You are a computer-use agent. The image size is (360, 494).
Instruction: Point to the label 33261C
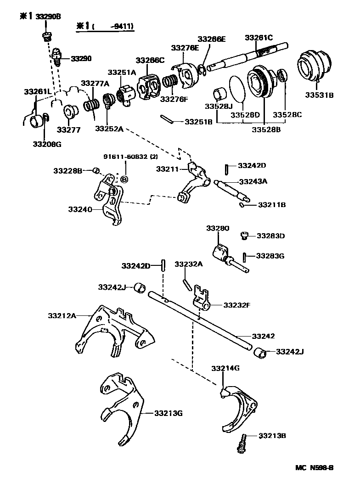tap(259, 37)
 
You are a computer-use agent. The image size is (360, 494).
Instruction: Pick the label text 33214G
tap(225, 368)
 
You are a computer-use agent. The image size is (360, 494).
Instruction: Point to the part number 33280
tap(217, 228)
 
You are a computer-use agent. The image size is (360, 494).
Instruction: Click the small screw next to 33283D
tap(245, 236)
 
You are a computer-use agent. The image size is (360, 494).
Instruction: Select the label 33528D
tap(245, 114)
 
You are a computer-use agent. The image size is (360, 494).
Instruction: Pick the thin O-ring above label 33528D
tap(237, 87)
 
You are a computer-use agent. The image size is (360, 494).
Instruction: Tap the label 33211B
tap(271, 205)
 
